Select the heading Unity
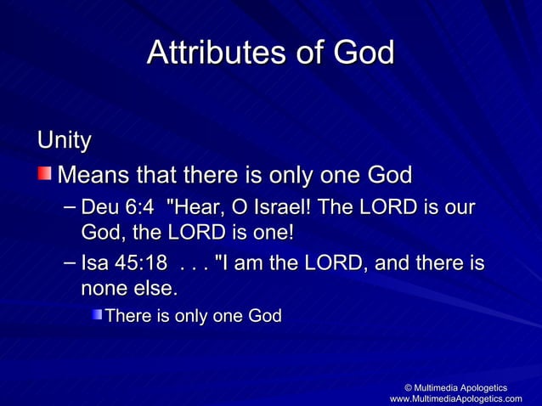[x=64, y=139]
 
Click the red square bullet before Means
[x=43, y=176]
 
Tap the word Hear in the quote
[x=200, y=209]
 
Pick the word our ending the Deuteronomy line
[x=460, y=209]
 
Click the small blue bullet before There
[x=98, y=316]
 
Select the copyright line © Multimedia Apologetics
[x=455, y=387]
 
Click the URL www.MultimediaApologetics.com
[x=455, y=398]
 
